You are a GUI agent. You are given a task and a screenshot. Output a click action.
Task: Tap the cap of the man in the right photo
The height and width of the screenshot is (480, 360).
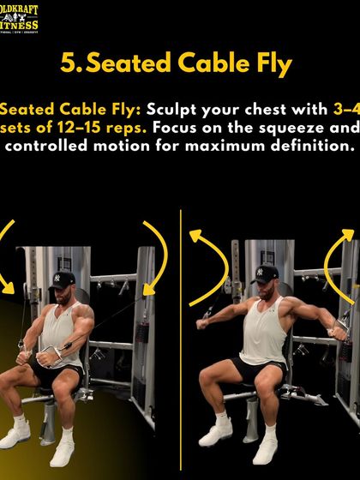(267, 274)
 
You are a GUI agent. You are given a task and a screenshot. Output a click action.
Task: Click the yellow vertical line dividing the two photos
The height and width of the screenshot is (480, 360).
(181, 343)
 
